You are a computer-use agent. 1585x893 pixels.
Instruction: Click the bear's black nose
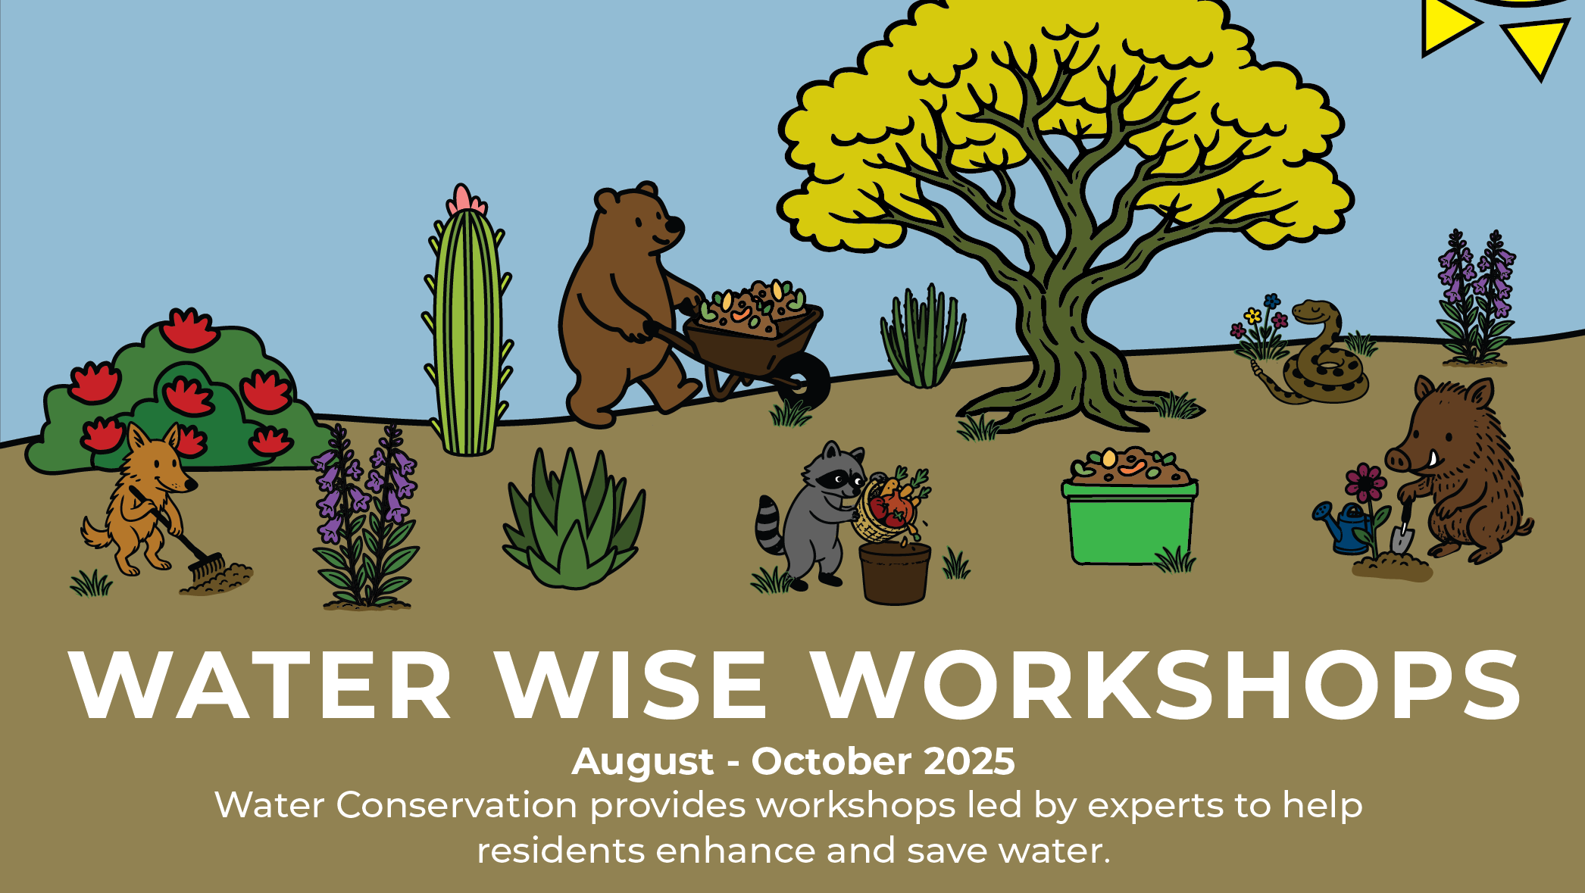pos(674,226)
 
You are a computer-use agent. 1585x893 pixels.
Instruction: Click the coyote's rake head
pos(205,567)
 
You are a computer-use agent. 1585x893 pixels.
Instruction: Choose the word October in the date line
pos(831,761)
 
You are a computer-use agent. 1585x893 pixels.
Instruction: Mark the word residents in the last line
pos(561,851)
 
